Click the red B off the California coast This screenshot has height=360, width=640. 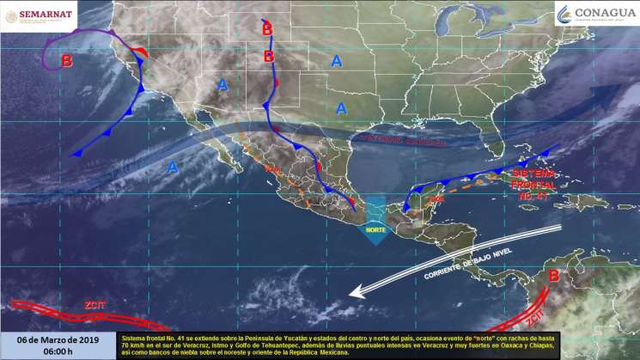pyautogui.click(x=67, y=61)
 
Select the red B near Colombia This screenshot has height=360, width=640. pyautogui.click(x=554, y=277)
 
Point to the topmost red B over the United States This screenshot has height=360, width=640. pyautogui.click(x=267, y=30)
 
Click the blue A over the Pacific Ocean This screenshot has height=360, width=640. pyautogui.click(x=172, y=167)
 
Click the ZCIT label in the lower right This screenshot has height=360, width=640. pyautogui.click(x=537, y=319)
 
